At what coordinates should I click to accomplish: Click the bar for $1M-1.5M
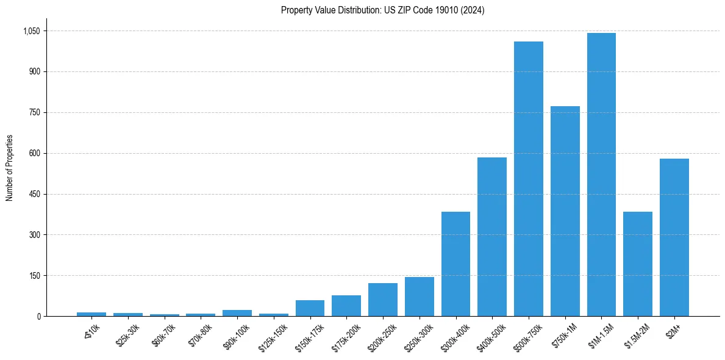(601, 175)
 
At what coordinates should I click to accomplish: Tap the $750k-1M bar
(565, 211)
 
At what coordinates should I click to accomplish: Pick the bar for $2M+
(674, 237)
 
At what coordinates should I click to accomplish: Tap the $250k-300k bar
(419, 297)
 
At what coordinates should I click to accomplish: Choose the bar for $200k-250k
(382, 300)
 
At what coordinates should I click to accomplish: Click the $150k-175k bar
(310, 308)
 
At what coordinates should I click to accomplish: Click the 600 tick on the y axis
(34, 153)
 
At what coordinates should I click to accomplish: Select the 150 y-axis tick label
(34, 276)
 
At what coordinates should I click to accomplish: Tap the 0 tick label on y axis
(38, 316)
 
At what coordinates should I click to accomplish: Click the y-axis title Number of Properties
(10, 168)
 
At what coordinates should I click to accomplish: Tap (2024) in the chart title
(474, 10)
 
